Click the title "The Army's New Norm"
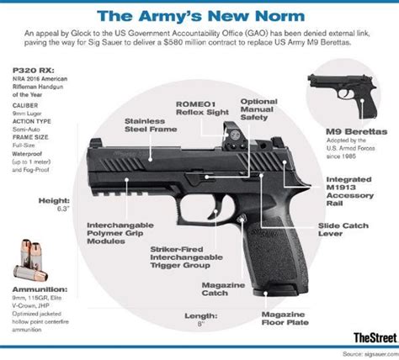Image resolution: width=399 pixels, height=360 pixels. pyautogui.click(x=199, y=14)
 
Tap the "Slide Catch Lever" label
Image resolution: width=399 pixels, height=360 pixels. pyautogui.click(x=343, y=230)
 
